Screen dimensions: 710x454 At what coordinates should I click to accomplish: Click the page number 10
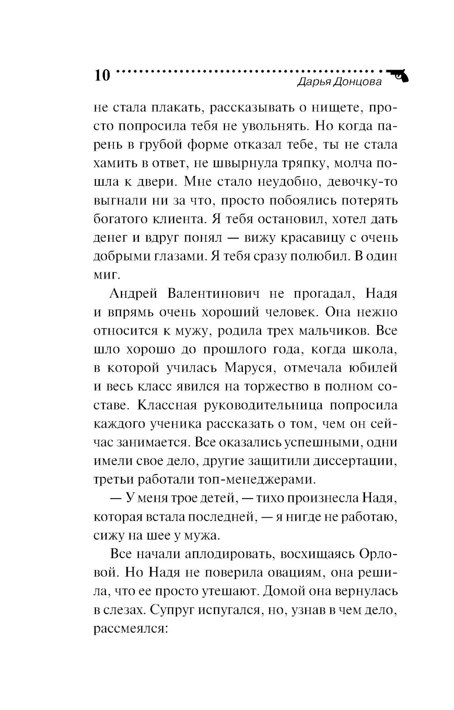(x=102, y=75)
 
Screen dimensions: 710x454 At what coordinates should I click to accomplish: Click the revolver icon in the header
(x=398, y=76)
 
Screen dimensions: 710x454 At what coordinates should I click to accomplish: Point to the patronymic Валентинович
(x=213, y=294)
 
